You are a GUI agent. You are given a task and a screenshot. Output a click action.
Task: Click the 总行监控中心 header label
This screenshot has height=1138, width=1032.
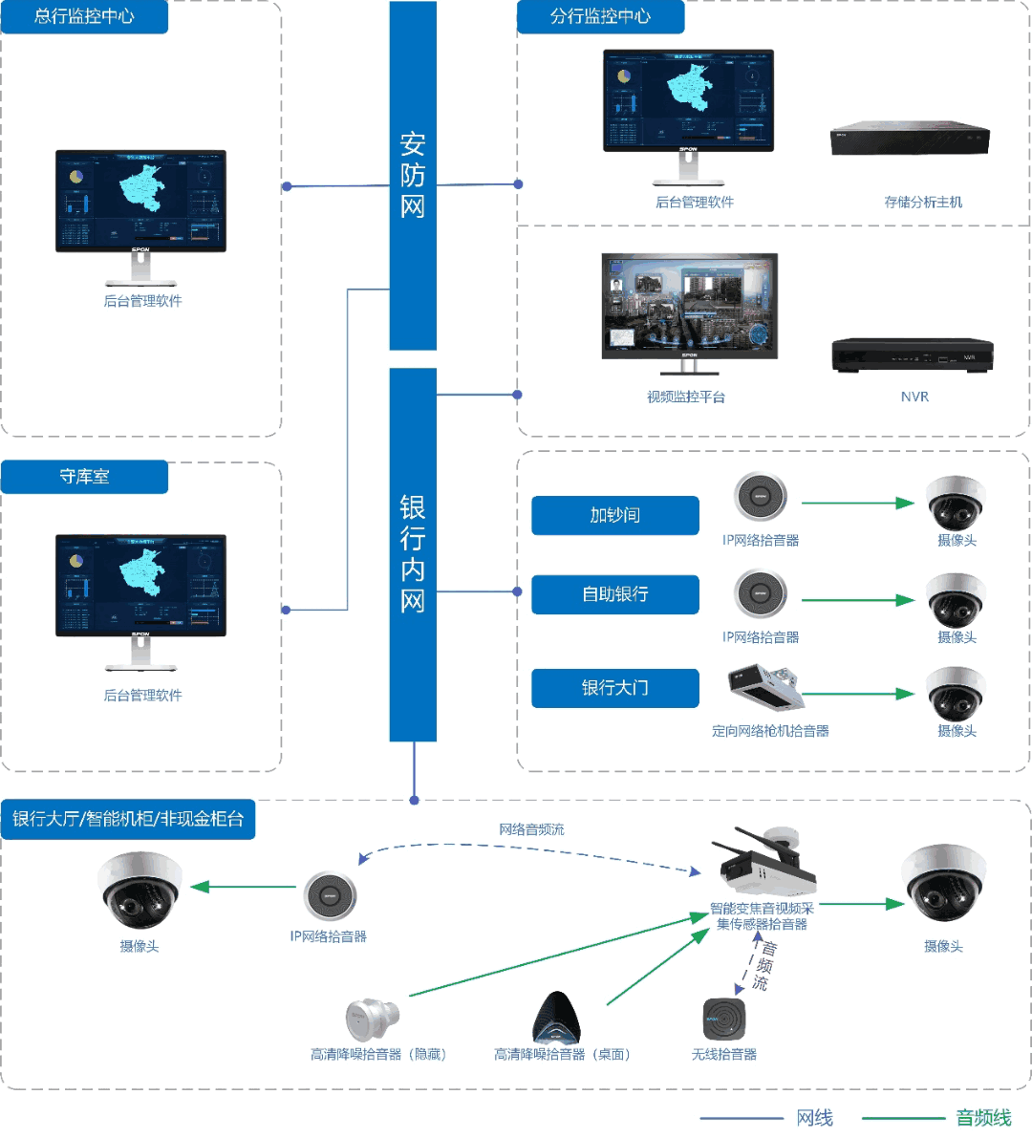click(x=84, y=17)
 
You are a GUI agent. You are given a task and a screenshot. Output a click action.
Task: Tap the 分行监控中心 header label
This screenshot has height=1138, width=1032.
click(x=600, y=17)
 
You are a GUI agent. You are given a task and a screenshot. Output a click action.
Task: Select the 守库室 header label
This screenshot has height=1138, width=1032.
click(x=84, y=477)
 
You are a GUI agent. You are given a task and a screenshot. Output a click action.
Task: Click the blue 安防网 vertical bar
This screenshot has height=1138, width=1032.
click(x=413, y=176)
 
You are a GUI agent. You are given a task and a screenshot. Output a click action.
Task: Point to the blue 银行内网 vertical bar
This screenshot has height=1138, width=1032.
click(x=413, y=554)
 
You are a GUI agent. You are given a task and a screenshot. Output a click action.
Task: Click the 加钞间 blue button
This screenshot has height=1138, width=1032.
click(x=614, y=516)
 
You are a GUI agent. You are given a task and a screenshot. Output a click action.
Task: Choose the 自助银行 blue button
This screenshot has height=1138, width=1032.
click(x=614, y=594)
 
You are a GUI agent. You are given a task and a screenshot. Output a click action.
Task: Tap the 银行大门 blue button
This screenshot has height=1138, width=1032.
click(x=614, y=688)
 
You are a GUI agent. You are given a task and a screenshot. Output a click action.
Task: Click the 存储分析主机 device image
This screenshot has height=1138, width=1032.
click(x=910, y=140)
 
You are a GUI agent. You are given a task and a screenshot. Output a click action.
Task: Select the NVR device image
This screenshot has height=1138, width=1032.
click(x=913, y=355)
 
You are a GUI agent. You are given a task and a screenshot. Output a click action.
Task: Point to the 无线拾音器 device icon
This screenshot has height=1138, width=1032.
click(x=724, y=1020)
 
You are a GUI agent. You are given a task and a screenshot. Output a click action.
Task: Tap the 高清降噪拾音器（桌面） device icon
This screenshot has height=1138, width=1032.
click(x=556, y=1019)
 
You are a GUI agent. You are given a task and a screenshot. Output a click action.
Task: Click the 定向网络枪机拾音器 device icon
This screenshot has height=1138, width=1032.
click(x=764, y=688)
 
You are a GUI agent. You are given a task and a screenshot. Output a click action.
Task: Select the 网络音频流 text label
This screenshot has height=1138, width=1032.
click(x=531, y=829)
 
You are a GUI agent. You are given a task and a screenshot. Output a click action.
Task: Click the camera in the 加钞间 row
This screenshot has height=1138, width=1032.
click(x=955, y=502)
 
